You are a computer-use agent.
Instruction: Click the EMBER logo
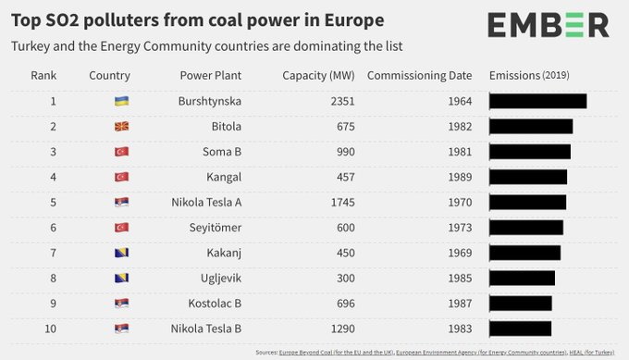(x=549, y=25)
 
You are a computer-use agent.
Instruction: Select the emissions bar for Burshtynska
(x=537, y=101)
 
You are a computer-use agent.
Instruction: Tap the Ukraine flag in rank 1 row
(x=121, y=101)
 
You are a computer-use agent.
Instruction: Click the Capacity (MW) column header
(x=315, y=76)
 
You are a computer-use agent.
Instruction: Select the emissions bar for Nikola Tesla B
(x=520, y=328)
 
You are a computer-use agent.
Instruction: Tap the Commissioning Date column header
(x=419, y=76)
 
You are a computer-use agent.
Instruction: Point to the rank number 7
(x=54, y=253)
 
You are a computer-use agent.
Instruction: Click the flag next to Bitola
(x=121, y=126)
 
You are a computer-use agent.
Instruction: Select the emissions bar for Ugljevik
(x=522, y=278)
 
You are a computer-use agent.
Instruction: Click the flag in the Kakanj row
(x=121, y=253)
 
